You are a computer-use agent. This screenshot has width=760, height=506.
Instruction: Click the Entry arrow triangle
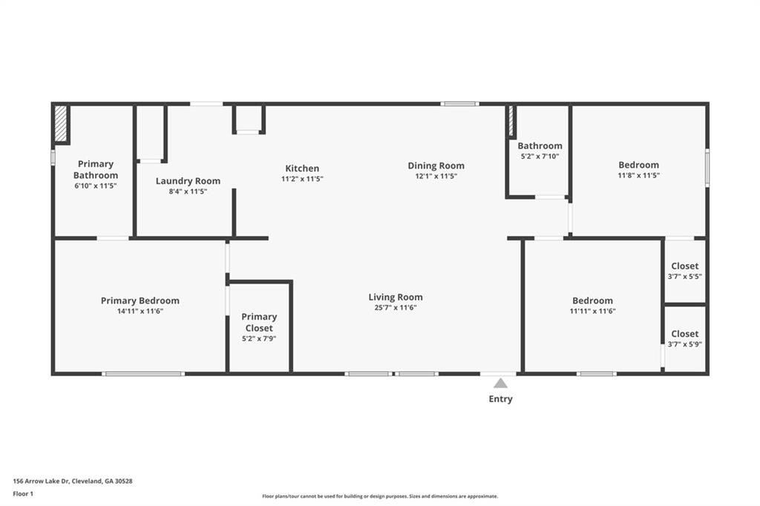pyautogui.click(x=501, y=384)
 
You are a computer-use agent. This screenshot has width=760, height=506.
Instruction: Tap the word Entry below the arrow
pyautogui.click(x=501, y=399)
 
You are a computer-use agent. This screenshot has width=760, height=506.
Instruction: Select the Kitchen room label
pyautogui.click(x=302, y=168)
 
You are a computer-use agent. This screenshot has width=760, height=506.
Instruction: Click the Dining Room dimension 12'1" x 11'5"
pyautogui.click(x=436, y=177)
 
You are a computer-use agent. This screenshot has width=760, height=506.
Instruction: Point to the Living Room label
pyautogui.click(x=396, y=297)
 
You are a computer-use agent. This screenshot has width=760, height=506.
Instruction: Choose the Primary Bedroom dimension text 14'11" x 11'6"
pyautogui.click(x=140, y=311)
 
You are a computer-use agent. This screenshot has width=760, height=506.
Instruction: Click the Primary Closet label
pyautogui.click(x=259, y=322)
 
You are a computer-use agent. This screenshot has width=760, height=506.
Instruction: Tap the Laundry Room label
pyautogui.click(x=188, y=181)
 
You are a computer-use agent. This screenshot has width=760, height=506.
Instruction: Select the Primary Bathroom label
pyautogui.click(x=96, y=170)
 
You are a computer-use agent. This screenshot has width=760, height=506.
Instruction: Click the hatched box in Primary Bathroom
pyautogui.click(x=61, y=124)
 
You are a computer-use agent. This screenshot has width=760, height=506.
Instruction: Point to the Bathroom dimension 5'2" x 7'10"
pyautogui.click(x=540, y=157)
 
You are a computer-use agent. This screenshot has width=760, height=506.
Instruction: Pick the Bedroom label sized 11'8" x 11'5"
pyautogui.click(x=639, y=165)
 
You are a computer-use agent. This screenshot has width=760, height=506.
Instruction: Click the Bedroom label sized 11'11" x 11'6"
pyautogui.click(x=592, y=300)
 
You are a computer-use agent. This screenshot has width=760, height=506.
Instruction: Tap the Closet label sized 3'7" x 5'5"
pyautogui.click(x=685, y=266)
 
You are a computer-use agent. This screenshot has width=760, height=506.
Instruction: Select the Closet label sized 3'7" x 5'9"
pyautogui.click(x=685, y=334)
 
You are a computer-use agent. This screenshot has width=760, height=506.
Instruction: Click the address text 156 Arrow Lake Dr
pyautogui.click(x=42, y=482)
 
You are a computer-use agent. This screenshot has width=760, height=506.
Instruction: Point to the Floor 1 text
pyautogui.click(x=23, y=494)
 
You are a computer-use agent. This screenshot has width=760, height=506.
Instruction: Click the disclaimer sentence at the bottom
pyautogui.click(x=380, y=496)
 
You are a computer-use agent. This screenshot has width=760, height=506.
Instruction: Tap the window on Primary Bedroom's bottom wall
pyautogui.click(x=143, y=374)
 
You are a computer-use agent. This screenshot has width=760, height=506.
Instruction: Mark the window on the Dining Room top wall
pyautogui.click(x=459, y=104)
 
